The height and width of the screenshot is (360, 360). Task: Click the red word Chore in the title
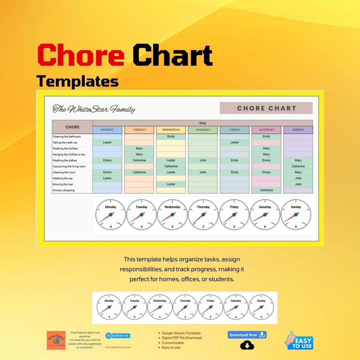(x=81, y=55)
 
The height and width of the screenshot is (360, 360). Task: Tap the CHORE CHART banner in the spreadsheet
(x=266, y=108)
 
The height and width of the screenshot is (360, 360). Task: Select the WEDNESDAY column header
(x=171, y=130)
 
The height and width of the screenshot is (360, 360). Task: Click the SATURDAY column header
(x=266, y=130)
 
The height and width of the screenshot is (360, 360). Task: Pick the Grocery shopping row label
(x=64, y=190)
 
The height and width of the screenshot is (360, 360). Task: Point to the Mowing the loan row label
(x=63, y=184)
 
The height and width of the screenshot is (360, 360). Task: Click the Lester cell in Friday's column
(x=234, y=142)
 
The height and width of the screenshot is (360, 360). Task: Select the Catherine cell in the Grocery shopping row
(x=266, y=190)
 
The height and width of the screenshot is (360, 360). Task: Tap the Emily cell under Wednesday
(x=171, y=136)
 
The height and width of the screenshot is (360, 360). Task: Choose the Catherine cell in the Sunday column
(x=298, y=166)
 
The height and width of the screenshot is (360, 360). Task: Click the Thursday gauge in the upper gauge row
(x=203, y=215)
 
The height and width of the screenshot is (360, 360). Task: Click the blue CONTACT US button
(x=118, y=336)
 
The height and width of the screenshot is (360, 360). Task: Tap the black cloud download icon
(x=247, y=345)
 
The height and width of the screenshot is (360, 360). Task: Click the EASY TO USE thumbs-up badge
(x=299, y=341)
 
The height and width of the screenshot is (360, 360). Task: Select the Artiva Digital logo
(x=56, y=340)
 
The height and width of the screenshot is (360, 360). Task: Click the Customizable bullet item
(x=173, y=343)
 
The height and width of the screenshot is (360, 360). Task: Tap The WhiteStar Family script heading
(x=94, y=109)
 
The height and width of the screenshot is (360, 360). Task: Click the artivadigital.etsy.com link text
(x=118, y=347)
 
